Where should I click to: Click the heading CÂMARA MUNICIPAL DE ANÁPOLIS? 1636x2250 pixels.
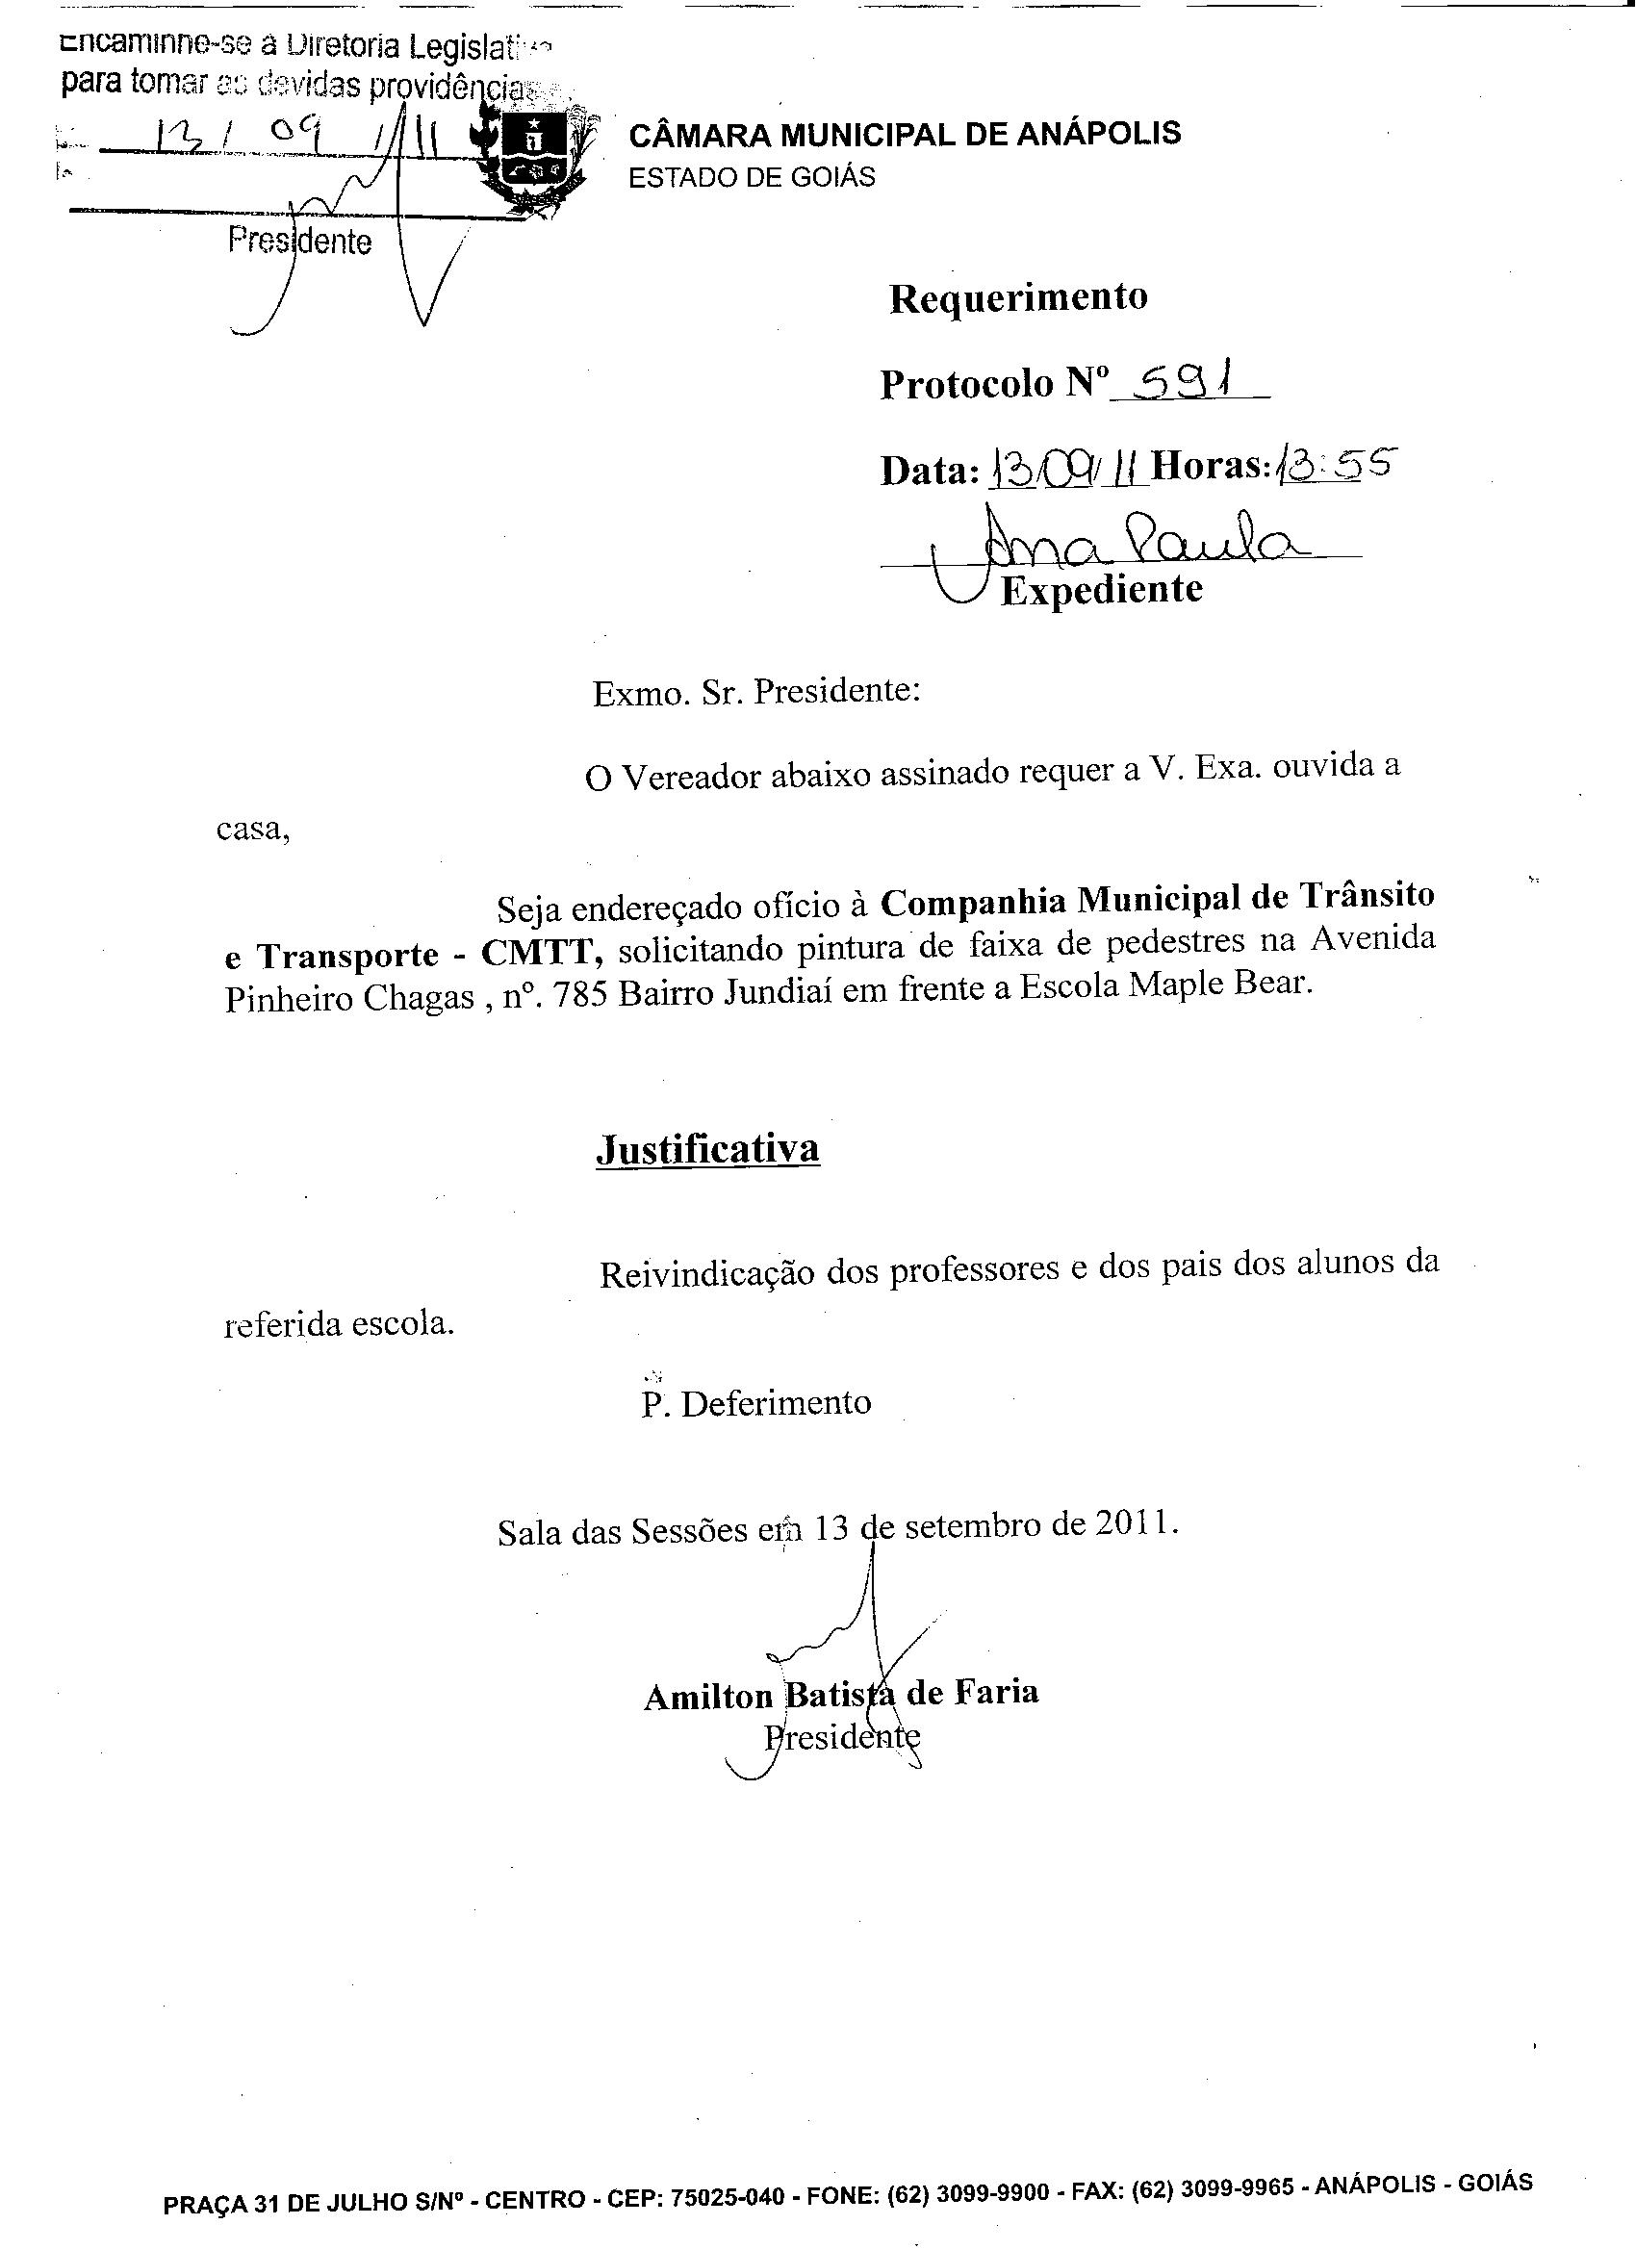904,134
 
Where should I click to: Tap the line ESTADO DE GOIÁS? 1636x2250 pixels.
752,178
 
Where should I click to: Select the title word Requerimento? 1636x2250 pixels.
1018,297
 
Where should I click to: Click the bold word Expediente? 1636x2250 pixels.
1101,590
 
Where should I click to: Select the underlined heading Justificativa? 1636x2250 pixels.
707,1148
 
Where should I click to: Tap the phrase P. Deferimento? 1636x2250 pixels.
756,1404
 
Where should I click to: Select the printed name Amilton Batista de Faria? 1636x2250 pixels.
841,1694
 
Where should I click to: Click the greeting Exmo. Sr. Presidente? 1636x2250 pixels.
756,692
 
